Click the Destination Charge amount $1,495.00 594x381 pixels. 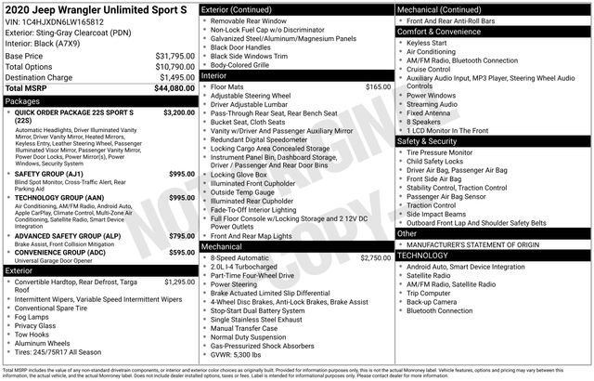coord(168,77)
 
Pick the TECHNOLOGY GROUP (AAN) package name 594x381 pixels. coord(63,197)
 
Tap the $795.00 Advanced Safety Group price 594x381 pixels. coord(182,237)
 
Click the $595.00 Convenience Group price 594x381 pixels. coord(182,252)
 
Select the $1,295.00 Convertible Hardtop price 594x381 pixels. coord(179,282)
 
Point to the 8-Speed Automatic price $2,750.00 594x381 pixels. coord(375,257)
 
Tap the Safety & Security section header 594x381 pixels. coord(430,141)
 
